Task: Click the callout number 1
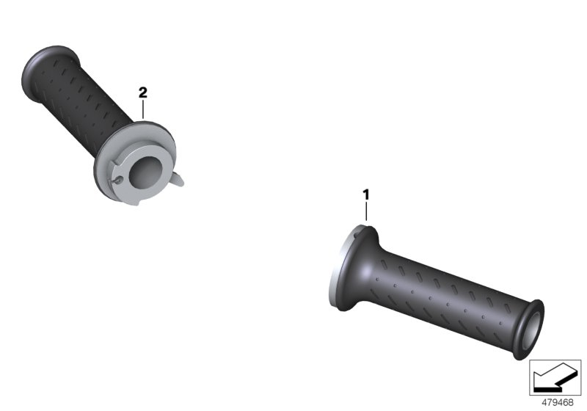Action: tap(366, 194)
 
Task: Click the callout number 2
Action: tap(143, 92)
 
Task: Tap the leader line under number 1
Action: tap(366, 212)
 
